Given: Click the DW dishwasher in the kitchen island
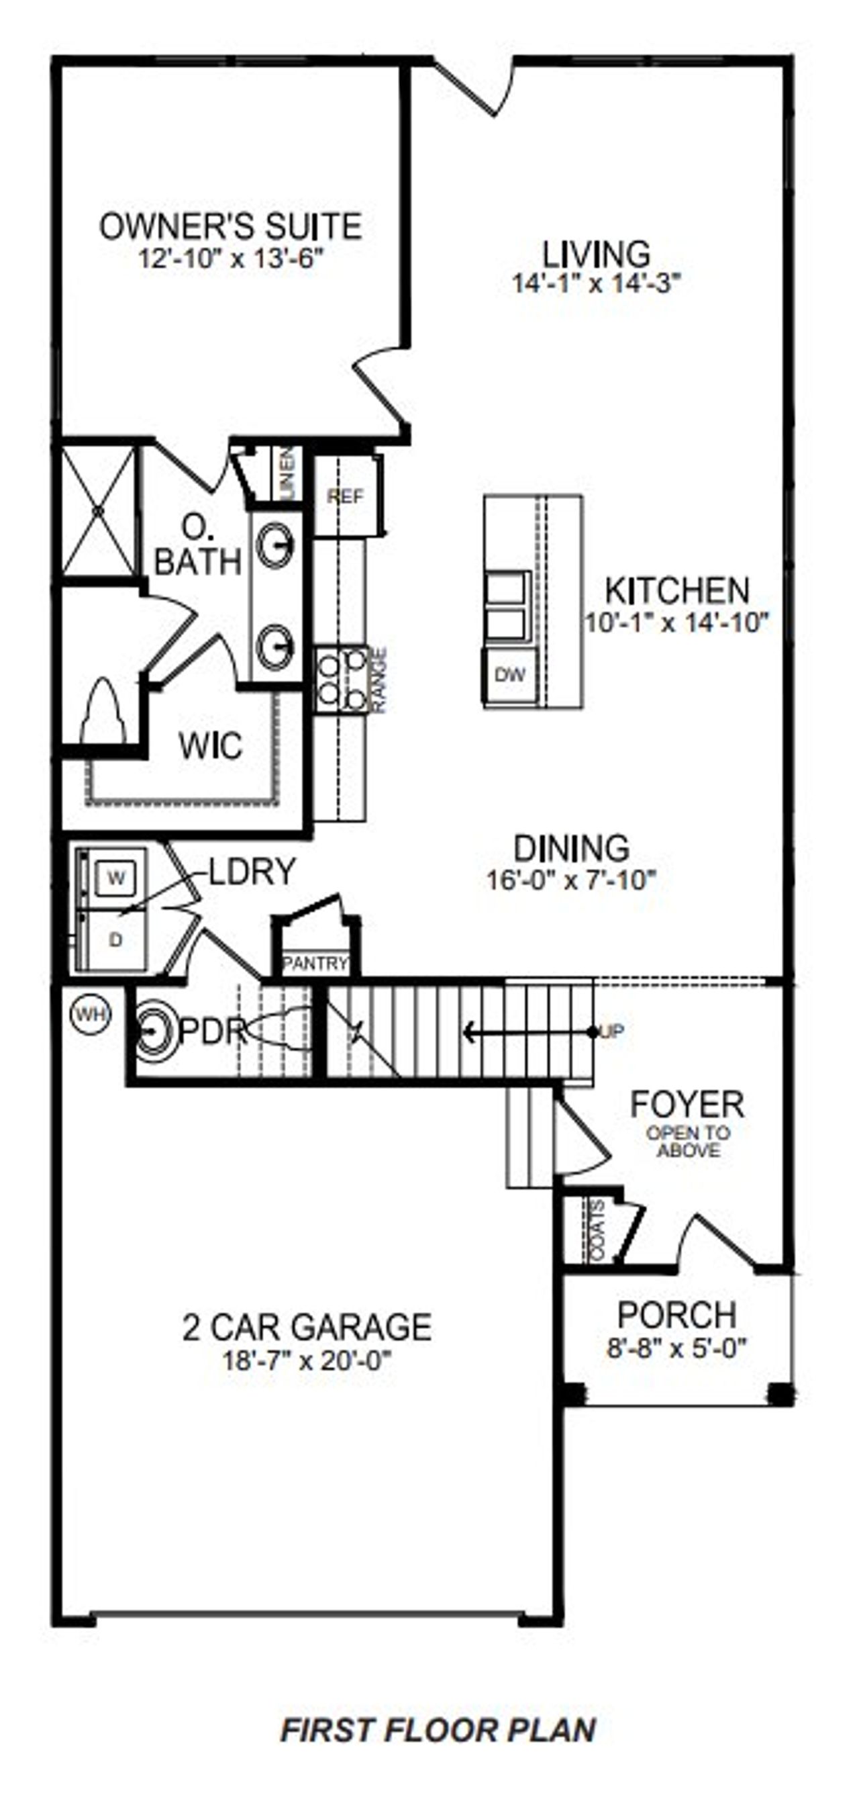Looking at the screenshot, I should (509, 676).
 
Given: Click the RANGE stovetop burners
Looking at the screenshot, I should (341, 679).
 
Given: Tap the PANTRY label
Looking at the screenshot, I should (315, 964).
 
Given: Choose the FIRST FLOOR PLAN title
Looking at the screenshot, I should (438, 1730).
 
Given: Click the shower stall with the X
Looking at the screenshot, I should (98, 512).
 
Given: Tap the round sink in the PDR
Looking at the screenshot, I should (152, 1031).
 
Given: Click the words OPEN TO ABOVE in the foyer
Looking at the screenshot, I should (689, 1142).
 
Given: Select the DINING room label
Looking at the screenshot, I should (571, 848).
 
